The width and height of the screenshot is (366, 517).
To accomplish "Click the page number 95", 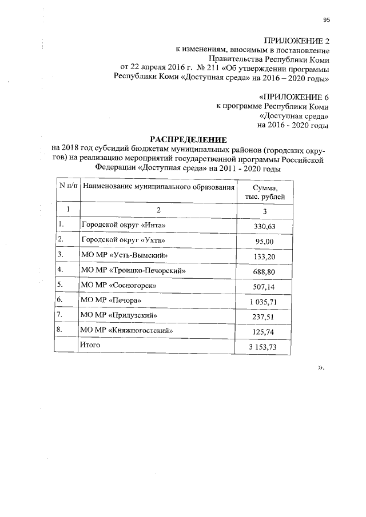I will [327, 20].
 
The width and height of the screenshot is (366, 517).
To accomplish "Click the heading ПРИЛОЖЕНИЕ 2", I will [296, 41].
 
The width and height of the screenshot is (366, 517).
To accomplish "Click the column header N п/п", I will [67, 186].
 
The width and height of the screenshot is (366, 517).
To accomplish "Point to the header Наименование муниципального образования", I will [158, 187].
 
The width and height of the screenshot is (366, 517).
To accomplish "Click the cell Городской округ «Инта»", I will [118, 226].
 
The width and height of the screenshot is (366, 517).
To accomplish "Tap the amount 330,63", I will [265, 227].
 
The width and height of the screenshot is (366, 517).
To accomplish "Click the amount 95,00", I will [265, 242].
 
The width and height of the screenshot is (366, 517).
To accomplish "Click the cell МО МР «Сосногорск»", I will [118, 284].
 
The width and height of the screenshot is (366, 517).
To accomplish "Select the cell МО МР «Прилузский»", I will [118, 315].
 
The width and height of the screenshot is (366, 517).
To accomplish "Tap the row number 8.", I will [60, 330].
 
